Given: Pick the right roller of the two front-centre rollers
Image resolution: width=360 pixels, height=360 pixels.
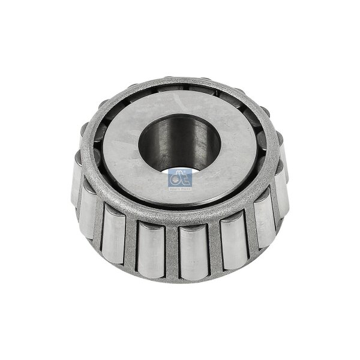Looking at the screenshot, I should click(x=194, y=251).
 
